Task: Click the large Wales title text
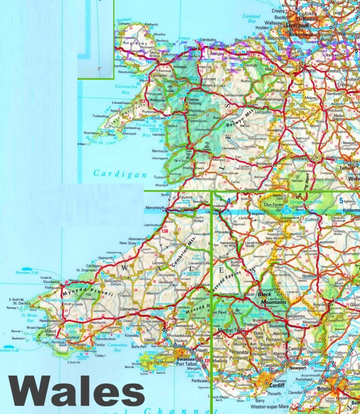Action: (76, 391)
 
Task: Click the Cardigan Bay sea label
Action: (114, 173)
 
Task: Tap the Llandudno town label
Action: (209, 40)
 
